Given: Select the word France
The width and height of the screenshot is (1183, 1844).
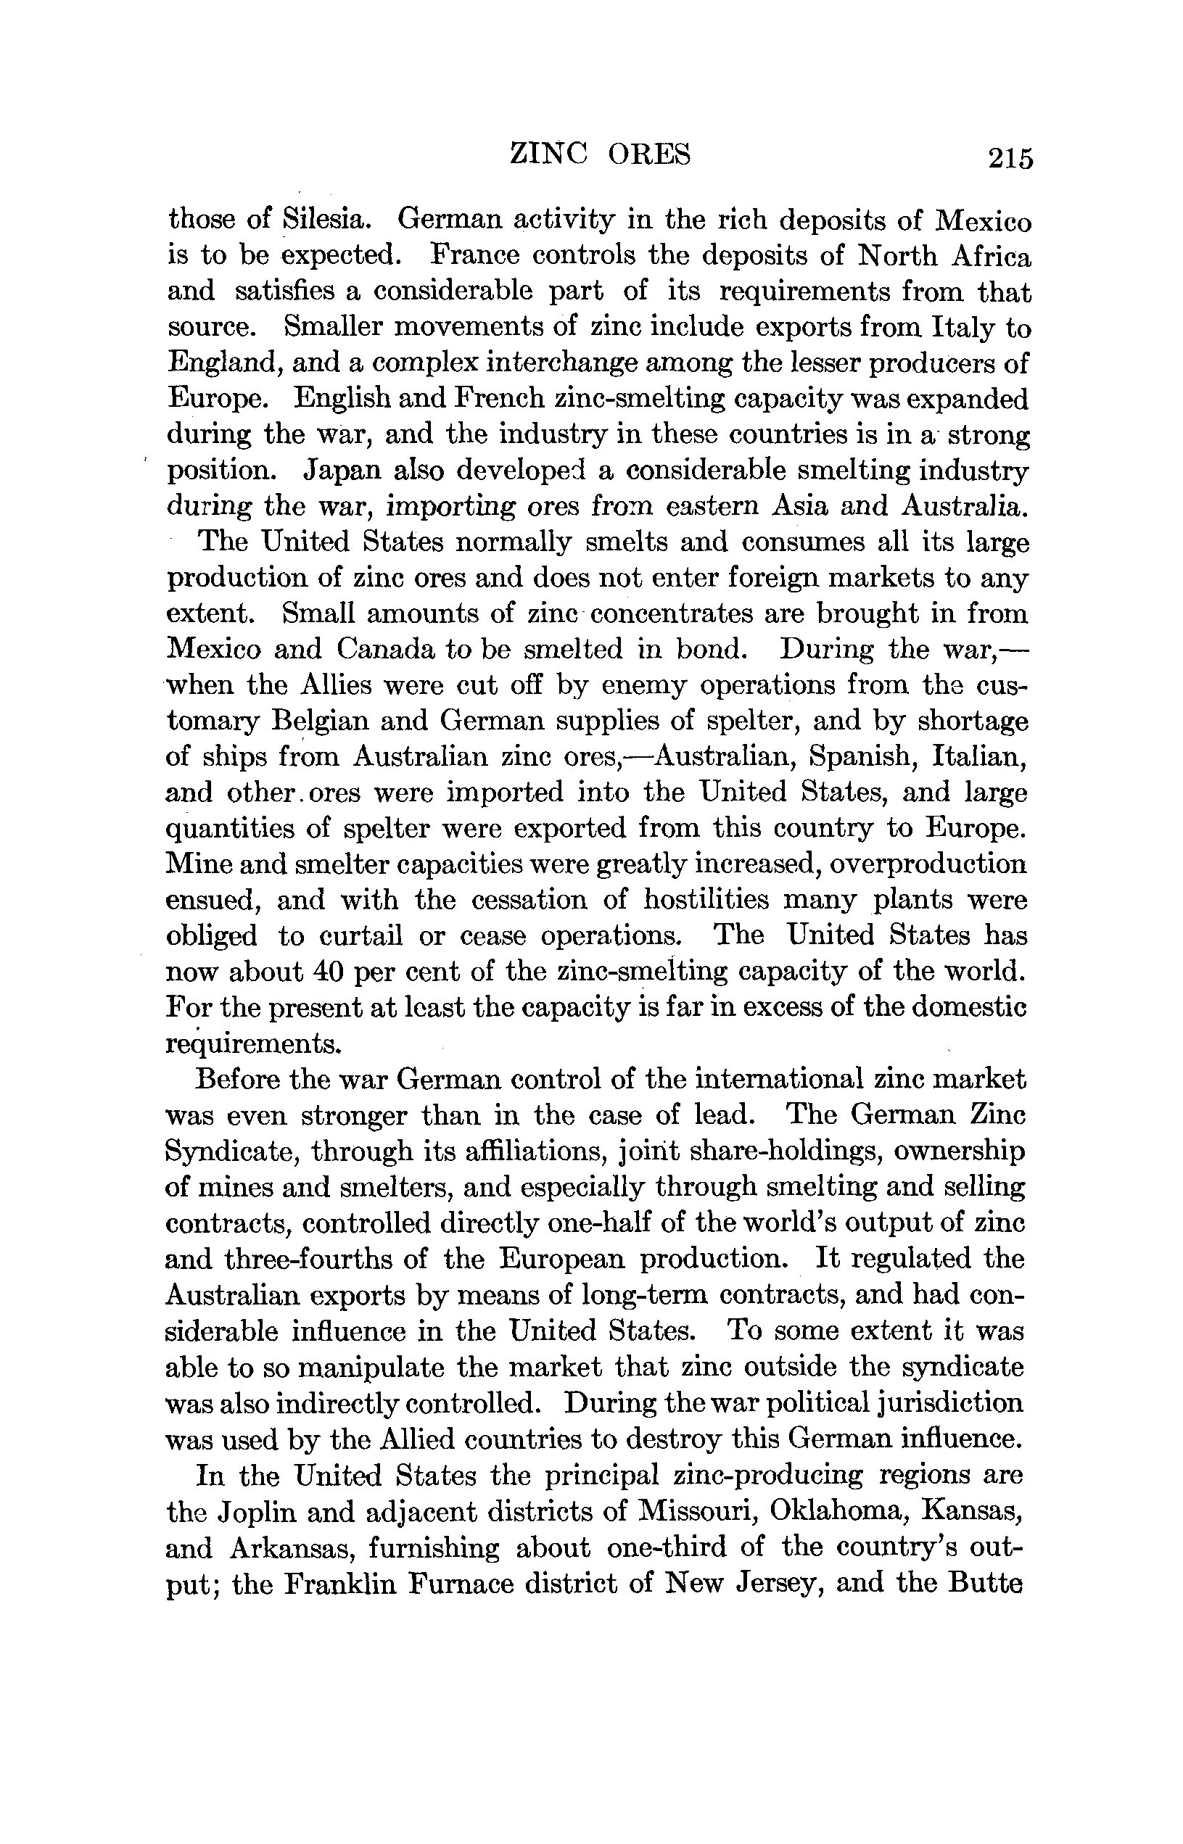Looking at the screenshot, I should point(477,255).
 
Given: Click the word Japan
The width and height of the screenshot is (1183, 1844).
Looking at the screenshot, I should point(335,470).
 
